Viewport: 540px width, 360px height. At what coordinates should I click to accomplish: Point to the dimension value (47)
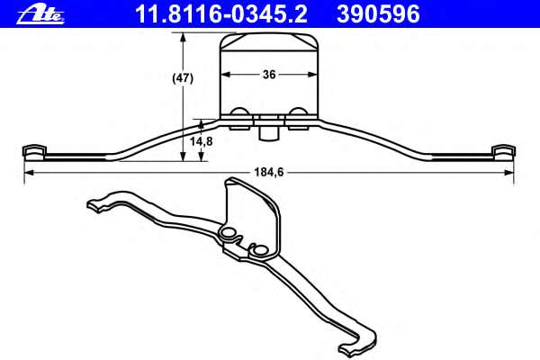click(x=184, y=78)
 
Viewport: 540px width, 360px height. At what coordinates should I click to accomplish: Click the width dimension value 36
click(x=269, y=76)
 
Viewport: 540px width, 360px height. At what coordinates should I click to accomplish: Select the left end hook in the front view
click(x=32, y=150)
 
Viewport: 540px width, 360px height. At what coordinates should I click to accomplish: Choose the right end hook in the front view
click(x=506, y=150)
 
